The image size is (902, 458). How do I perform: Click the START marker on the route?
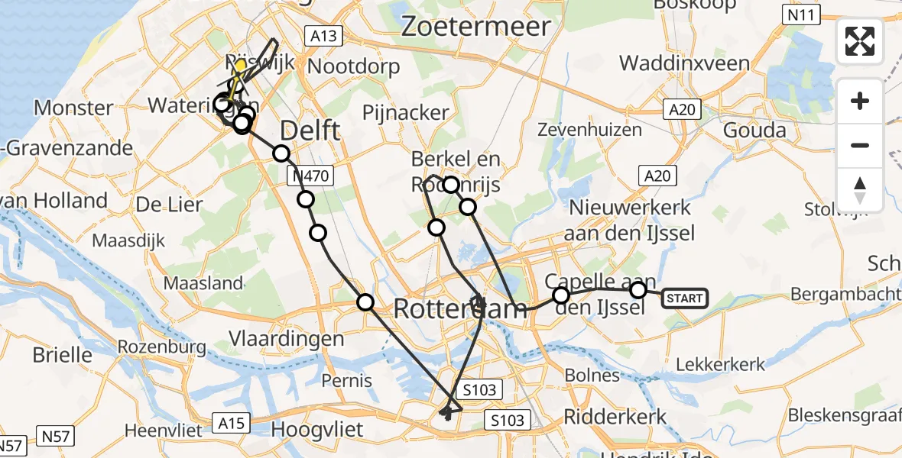point(684,298)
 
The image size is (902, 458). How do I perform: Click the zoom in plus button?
point(860,101)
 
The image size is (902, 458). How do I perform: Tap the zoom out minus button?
point(860,145)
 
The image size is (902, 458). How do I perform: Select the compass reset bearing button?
point(860,189)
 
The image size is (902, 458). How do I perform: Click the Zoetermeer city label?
point(475,27)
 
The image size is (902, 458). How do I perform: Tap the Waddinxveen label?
point(695,63)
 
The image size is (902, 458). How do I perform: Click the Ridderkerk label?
point(615,417)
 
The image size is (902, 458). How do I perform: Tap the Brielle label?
point(63,355)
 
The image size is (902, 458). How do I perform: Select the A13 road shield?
point(324,35)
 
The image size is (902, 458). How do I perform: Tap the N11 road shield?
point(802,15)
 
